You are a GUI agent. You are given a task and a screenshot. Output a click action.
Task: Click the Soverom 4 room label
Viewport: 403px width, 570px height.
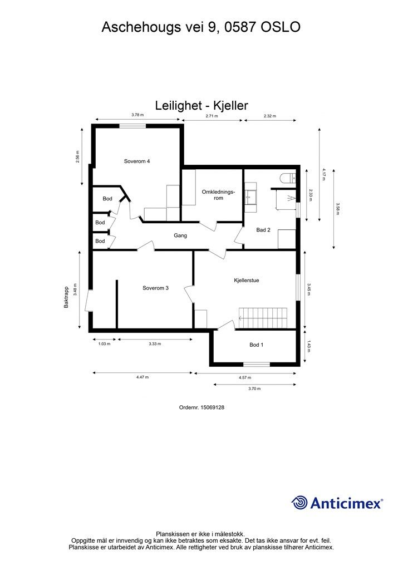(137, 161)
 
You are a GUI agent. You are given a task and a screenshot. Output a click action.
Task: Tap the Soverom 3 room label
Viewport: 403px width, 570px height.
(155, 288)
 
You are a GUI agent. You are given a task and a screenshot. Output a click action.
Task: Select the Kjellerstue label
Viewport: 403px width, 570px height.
(247, 281)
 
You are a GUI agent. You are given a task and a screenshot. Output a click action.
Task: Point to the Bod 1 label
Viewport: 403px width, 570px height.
(256, 345)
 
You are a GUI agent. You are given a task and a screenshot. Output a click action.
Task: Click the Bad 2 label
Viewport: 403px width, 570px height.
(263, 229)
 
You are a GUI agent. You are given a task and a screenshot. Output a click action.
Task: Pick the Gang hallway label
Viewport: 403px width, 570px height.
(180, 235)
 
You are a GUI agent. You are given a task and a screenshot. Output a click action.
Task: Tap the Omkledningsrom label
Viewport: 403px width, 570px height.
(219, 195)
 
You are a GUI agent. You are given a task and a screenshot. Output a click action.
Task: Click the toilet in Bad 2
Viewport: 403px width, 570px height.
(288, 178)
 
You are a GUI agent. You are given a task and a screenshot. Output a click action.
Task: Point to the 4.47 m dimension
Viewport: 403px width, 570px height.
(143, 377)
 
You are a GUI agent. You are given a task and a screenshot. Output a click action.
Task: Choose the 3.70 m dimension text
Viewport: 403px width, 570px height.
(254, 389)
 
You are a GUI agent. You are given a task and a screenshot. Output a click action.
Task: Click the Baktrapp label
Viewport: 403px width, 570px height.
(66, 298)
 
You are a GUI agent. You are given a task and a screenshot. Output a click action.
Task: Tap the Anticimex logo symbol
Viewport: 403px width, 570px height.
(300, 503)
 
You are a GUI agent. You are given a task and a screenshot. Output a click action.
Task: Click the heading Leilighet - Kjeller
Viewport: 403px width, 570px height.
(201, 105)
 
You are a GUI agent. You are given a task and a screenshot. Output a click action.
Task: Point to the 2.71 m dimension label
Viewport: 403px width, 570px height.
(212, 116)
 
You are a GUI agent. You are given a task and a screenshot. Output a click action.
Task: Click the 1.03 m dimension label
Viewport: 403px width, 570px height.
(104, 343)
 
